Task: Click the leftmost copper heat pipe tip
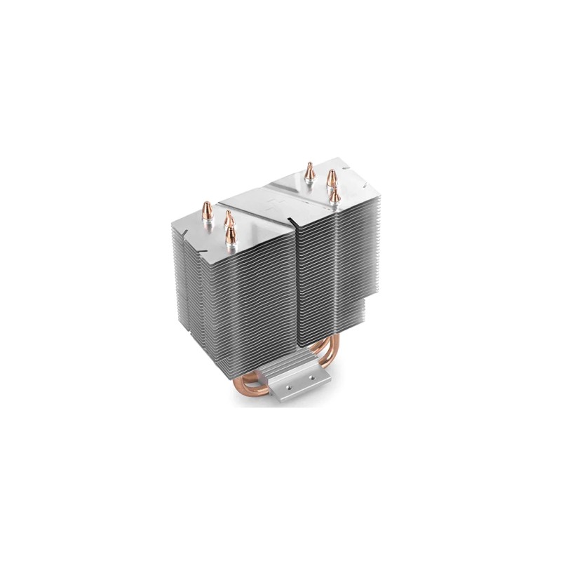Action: (x=207, y=210)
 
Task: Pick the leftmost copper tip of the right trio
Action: (x=308, y=170)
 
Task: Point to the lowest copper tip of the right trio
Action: (x=335, y=194)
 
